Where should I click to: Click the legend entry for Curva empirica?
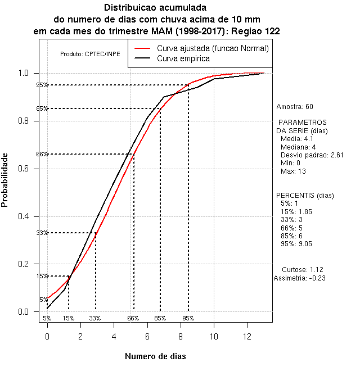pos(183,58)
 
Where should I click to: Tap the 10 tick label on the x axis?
pos(214,336)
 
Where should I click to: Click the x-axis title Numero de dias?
pos(155,356)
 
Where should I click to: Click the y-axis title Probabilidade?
pos(5,180)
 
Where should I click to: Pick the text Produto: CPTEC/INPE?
pos(90,54)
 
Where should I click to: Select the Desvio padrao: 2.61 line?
pos(312,155)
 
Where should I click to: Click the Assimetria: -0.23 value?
pos(300,278)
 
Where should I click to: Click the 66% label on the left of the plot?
pos(42,154)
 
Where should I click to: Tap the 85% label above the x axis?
pos(160,318)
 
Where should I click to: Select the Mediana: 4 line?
pos(298,147)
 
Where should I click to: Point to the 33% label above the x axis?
pos(94,318)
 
